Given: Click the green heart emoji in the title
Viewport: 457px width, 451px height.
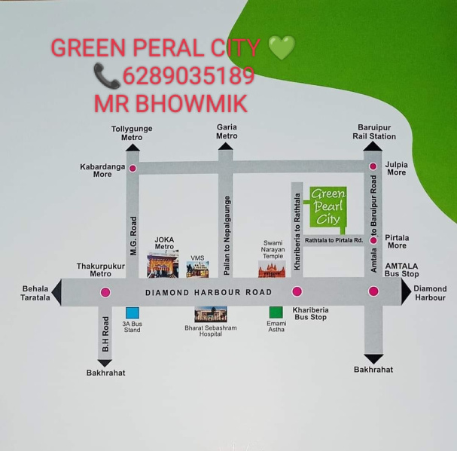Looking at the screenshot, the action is pyautogui.click(x=282, y=47).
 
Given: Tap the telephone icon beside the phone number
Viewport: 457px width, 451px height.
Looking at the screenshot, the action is pyautogui.click(x=107, y=76).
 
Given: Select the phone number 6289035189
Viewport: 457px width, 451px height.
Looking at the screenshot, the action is pyautogui.click(x=188, y=76).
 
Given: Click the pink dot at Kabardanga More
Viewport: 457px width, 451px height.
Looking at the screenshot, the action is pyautogui.click(x=133, y=168).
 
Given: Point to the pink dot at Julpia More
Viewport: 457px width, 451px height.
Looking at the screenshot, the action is pyautogui.click(x=373, y=166).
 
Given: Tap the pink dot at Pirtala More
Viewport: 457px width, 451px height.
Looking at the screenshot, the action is pyautogui.click(x=373, y=240).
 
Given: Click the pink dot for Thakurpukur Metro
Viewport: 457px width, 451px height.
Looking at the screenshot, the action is pyautogui.click(x=105, y=292).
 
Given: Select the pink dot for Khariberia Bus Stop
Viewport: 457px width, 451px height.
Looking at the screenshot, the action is pyautogui.click(x=297, y=291).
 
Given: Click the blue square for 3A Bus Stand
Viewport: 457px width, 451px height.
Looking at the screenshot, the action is pyautogui.click(x=133, y=312).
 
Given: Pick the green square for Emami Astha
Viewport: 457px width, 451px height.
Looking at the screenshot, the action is pyautogui.click(x=276, y=312).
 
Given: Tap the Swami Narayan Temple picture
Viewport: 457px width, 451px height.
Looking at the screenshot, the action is pyautogui.click(x=272, y=269).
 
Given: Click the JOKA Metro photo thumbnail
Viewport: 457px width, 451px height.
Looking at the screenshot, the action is pyautogui.click(x=163, y=264).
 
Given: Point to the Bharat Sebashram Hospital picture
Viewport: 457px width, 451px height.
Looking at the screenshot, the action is pyautogui.click(x=211, y=314).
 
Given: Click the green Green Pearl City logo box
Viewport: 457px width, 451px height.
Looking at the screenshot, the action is pyautogui.click(x=328, y=207).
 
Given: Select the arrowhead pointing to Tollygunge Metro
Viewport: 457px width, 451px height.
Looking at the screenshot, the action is pyautogui.click(x=133, y=148).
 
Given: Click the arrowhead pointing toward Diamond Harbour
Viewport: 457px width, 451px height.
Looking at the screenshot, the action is pyautogui.click(x=405, y=291).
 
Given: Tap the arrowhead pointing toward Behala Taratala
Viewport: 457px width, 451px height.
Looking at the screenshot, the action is pyautogui.click(x=57, y=292).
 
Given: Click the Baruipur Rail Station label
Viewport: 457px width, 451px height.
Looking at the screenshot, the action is pyautogui.click(x=374, y=132).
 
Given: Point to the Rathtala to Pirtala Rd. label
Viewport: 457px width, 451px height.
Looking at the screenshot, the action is pyautogui.click(x=334, y=240).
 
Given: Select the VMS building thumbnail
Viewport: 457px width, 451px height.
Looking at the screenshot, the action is pyautogui.click(x=197, y=270).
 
